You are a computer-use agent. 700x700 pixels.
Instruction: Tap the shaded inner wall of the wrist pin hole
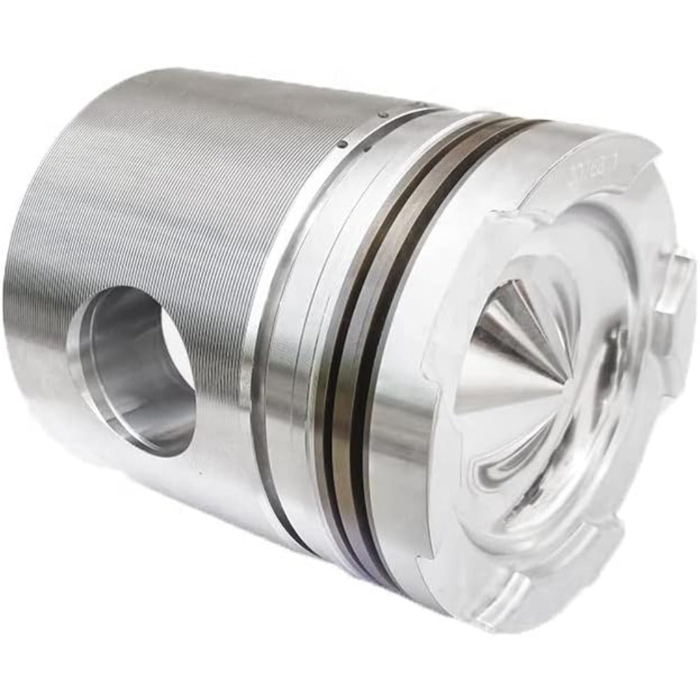pyautogui.click(x=126, y=364)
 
